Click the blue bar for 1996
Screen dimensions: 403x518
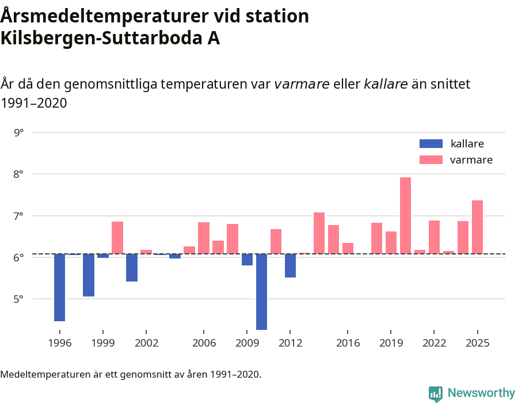pos(59,287)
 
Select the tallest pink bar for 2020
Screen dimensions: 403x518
pos(405,215)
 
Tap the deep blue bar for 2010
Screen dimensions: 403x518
pos(261,291)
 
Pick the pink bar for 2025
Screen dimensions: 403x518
pos(477,227)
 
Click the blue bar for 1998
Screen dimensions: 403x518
pos(88,275)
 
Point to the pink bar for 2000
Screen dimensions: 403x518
pos(117,237)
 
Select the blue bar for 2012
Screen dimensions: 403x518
pos(290,265)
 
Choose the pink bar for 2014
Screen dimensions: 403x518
pos(319,233)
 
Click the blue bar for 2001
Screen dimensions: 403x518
pos(132,267)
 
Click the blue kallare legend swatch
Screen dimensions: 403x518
pos(431,144)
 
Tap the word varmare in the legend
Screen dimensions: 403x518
pos(471,160)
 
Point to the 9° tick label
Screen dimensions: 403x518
pos(19,132)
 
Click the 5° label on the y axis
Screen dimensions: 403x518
pos(19,299)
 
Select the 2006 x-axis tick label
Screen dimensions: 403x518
pos(204,343)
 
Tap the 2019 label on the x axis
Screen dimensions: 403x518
pos(391,343)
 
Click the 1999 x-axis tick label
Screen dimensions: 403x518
pos(103,343)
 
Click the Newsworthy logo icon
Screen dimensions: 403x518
pos(436,394)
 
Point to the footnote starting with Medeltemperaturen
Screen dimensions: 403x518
pos(131,375)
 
